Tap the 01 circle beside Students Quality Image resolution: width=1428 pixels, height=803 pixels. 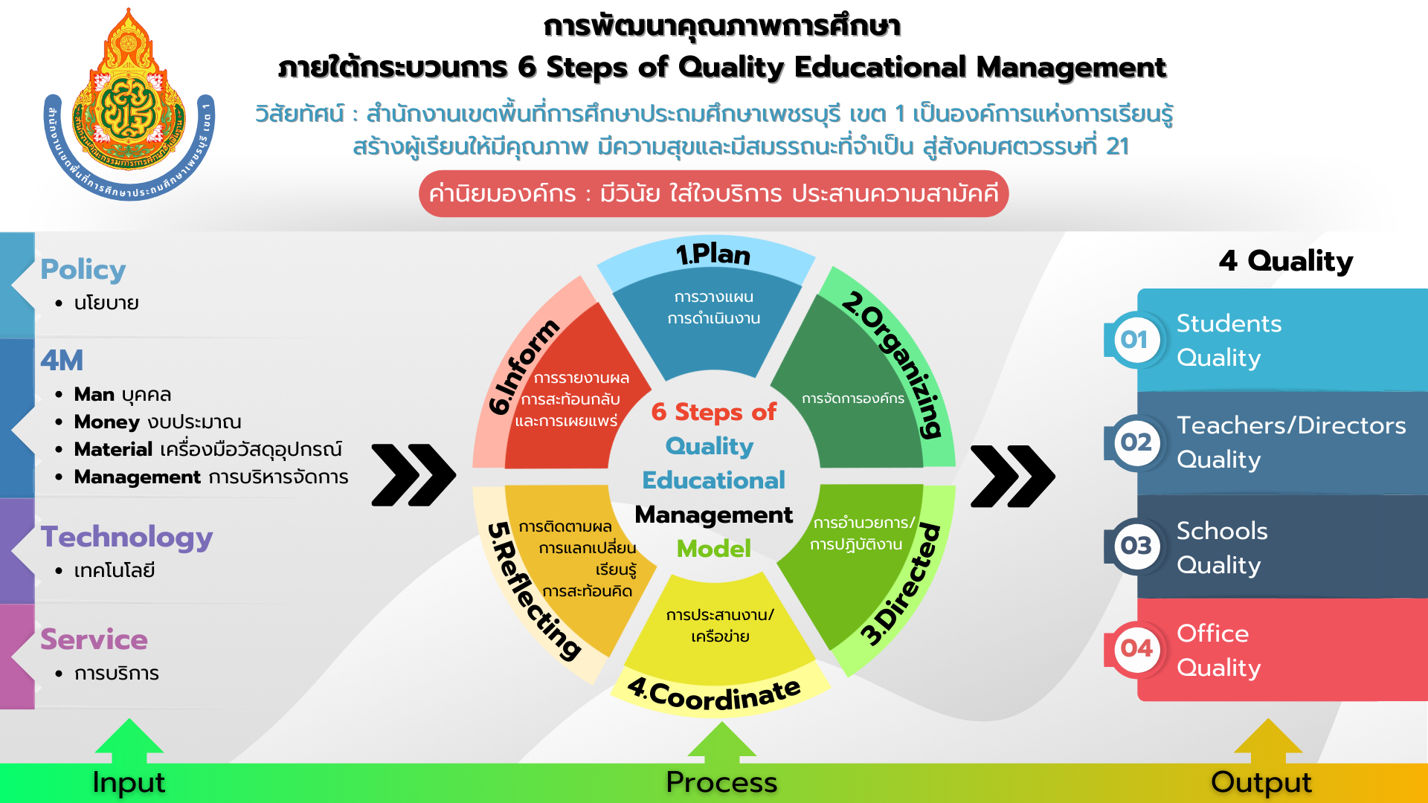tap(1135, 340)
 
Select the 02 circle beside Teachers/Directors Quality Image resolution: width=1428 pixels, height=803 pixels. tap(1136, 442)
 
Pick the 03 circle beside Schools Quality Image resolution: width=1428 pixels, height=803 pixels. tap(1136, 546)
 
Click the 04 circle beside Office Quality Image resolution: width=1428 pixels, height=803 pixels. tap(1136, 648)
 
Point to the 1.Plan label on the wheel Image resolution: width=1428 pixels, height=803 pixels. tap(713, 254)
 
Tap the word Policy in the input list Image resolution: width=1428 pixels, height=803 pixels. tap(83, 269)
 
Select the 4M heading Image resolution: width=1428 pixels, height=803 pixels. tap(62, 361)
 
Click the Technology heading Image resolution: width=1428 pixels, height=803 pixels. tap(126, 537)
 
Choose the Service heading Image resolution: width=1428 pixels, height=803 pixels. tap(94, 639)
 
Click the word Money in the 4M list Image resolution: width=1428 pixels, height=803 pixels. tap(106, 422)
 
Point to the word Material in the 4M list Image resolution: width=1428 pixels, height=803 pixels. tap(113, 450)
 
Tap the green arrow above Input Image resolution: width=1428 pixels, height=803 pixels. tap(129, 741)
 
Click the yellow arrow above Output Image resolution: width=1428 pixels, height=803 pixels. tap(1267, 741)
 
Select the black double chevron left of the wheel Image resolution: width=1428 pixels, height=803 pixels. tap(414, 475)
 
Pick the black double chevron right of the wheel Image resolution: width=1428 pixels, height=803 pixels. tap(1012, 476)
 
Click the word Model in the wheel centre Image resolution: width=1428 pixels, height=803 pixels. tap(713, 549)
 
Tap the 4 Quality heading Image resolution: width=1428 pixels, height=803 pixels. tap(1285, 261)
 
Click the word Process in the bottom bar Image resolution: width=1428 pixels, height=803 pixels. tap(721, 782)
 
